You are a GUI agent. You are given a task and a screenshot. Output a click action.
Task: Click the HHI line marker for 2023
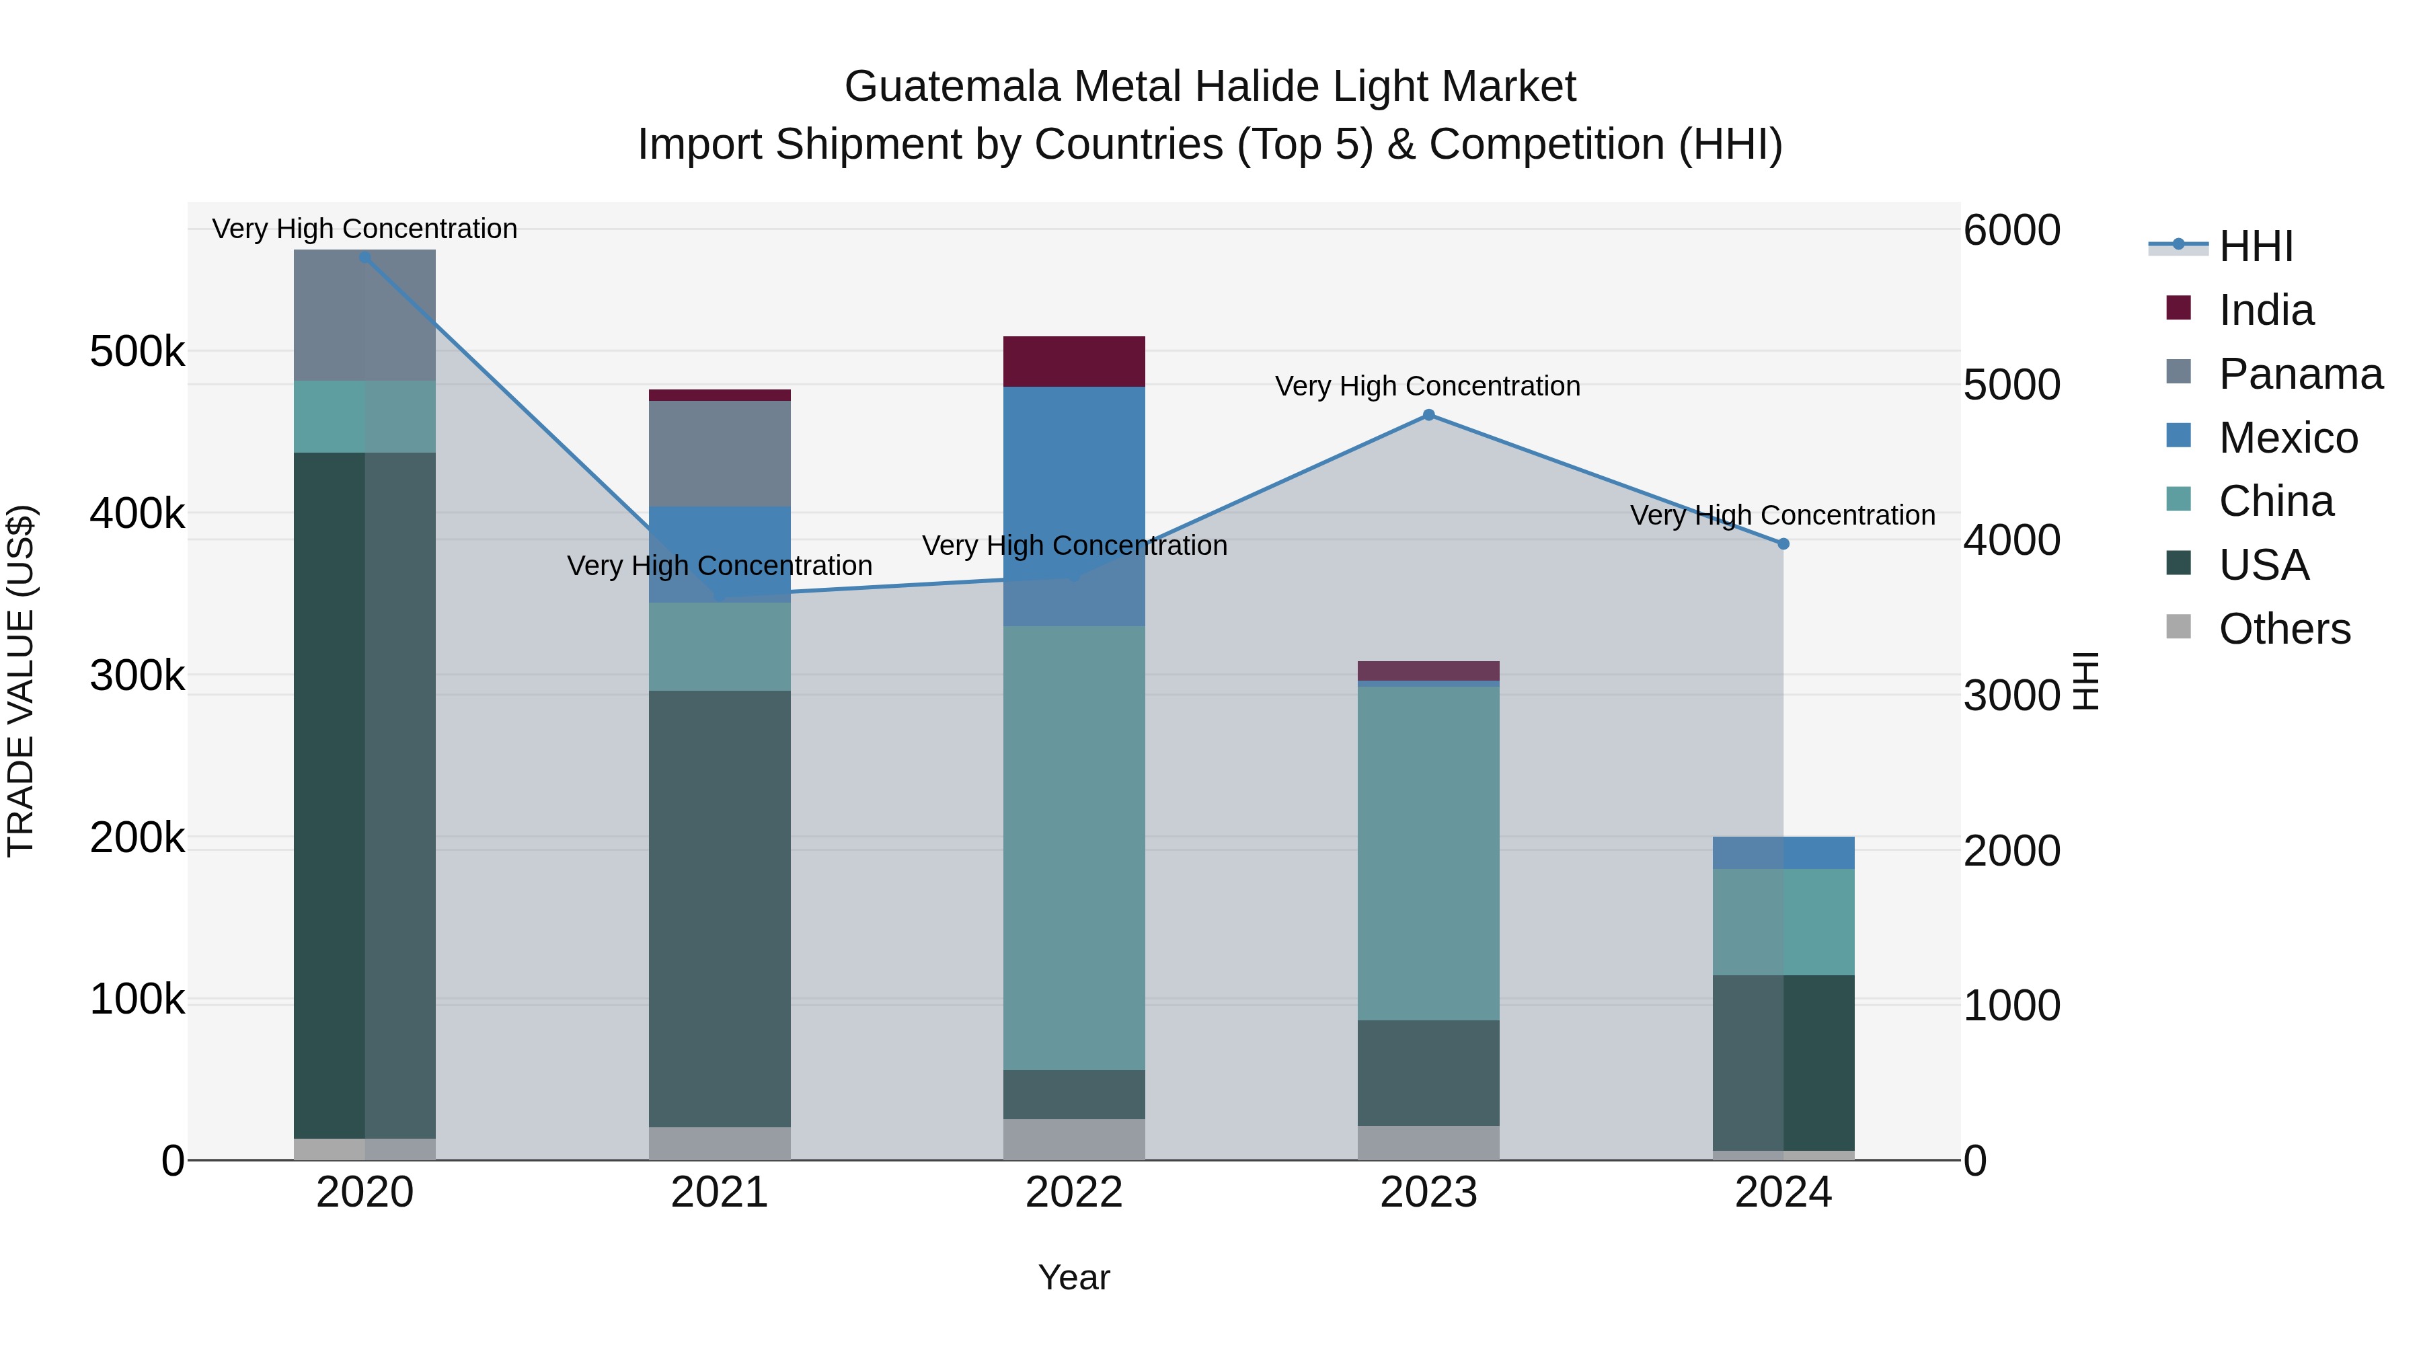point(1428,414)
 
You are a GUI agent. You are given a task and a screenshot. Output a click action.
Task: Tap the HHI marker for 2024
point(1783,543)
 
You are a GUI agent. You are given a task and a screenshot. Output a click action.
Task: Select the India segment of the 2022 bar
point(1074,361)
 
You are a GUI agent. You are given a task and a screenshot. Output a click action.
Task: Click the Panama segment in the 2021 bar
point(720,453)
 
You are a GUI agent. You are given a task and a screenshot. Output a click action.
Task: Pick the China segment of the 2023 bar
point(1428,853)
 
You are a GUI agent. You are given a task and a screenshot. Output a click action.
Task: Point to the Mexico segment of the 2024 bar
point(1783,853)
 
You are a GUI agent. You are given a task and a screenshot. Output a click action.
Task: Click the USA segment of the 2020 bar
point(364,794)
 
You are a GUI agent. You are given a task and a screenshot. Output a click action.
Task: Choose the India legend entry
point(2265,310)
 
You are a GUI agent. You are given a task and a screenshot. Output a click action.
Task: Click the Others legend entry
point(2284,629)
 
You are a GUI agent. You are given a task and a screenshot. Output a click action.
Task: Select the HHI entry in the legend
point(2256,246)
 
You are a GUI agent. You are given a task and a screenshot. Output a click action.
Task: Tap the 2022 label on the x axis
point(1074,1193)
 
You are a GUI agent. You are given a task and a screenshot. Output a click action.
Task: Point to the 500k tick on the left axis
point(137,352)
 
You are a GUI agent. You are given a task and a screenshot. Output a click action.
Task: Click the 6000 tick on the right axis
point(2012,230)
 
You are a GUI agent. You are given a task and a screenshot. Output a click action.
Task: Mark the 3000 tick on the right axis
point(2012,695)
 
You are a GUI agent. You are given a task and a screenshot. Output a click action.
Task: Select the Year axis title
point(1074,1277)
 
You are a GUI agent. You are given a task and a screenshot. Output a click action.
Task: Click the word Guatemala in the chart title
point(953,87)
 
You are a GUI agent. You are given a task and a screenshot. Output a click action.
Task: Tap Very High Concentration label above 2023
point(1428,386)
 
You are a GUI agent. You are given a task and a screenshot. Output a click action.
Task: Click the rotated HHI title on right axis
point(2085,681)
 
